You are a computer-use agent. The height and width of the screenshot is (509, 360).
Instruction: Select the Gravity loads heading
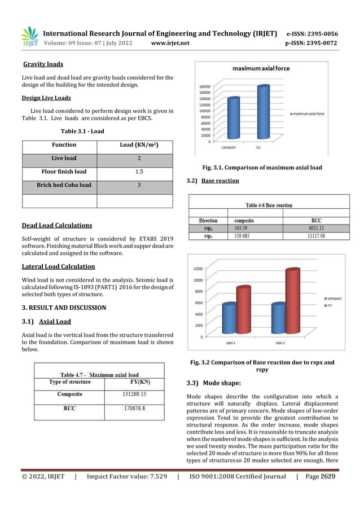pyautogui.click(x=43, y=64)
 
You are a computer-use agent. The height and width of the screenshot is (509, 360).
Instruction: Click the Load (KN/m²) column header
pyautogui.click(x=139, y=145)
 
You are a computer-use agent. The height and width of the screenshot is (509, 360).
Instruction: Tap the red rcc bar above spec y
pyautogui.click(x=292, y=302)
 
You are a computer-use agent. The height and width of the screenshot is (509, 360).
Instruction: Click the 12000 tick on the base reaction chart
pyautogui.click(x=199, y=269)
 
